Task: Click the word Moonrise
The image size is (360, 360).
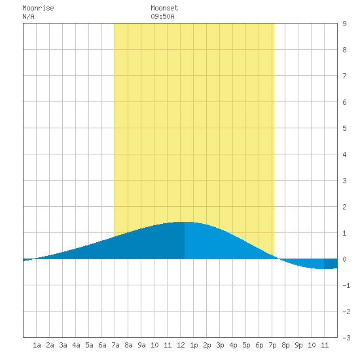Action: pyautogui.click(x=38, y=8)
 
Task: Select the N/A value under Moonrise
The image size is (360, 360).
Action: pyautogui.click(x=28, y=16)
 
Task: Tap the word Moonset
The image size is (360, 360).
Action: pyautogui.click(x=164, y=8)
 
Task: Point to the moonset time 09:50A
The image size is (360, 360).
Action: pyautogui.click(x=162, y=16)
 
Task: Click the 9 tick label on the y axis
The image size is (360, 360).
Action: pyautogui.click(x=344, y=24)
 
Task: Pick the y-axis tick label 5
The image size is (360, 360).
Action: pyautogui.click(x=344, y=128)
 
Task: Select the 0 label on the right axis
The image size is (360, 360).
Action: pyautogui.click(x=344, y=259)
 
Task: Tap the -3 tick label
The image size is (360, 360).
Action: pyautogui.click(x=346, y=338)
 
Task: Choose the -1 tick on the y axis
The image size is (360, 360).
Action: pyautogui.click(x=346, y=285)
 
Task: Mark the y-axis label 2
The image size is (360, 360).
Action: pyautogui.click(x=344, y=207)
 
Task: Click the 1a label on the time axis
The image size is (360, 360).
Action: pyautogui.click(x=37, y=345)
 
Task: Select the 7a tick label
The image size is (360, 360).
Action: pyautogui.click(x=115, y=345)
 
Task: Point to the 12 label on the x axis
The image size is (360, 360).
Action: pyautogui.click(x=181, y=345)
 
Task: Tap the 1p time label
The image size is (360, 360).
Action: pyautogui.click(x=194, y=345)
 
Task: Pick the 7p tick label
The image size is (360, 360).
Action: pyautogui.click(x=272, y=345)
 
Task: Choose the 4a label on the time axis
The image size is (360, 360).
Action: pyautogui.click(x=76, y=345)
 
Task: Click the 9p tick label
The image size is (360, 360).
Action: pyautogui.click(x=298, y=345)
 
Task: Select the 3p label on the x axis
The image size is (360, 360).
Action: pyautogui.click(x=220, y=345)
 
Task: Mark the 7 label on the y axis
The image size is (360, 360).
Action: pyautogui.click(x=344, y=76)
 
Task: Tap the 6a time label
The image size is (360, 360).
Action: pyautogui.click(x=102, y=345)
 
